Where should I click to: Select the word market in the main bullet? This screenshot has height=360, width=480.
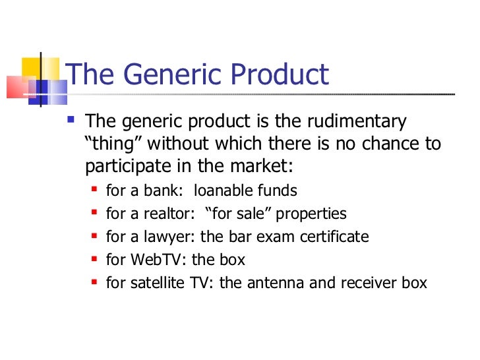tap(260, 164)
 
